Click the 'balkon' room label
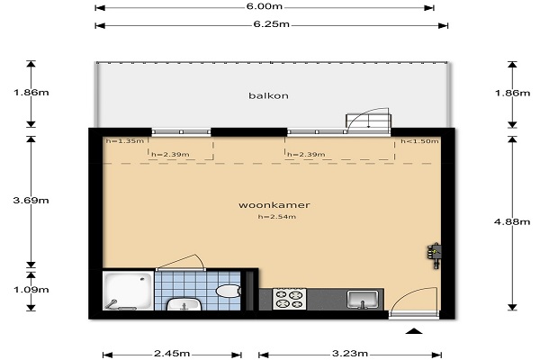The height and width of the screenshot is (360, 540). (268, 95)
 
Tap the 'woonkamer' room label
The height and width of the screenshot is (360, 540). (274, 205)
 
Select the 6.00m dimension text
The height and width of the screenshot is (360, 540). (264, 6)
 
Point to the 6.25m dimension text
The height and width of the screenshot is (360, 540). (272, 24)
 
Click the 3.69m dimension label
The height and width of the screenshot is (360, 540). (31, 200)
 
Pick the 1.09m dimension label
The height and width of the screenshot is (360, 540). (31, 290)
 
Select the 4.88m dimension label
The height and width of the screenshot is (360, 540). (512, 222)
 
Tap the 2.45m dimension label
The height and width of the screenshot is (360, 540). (172, 354)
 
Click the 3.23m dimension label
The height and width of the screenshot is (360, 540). (350, 354)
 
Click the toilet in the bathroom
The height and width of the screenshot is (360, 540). (229, 291)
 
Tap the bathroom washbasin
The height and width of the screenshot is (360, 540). (184, 304)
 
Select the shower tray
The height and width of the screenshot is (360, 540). (128, 291)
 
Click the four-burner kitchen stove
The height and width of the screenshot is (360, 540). (289, 299)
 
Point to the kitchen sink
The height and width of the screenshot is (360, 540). (363, 300)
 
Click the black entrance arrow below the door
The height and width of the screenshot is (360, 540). (414, 331)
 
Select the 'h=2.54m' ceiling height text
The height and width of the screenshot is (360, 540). (277, 217)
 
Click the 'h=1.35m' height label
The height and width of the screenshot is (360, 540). (125, 140)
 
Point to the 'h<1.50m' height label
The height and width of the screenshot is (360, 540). (419, 141)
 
